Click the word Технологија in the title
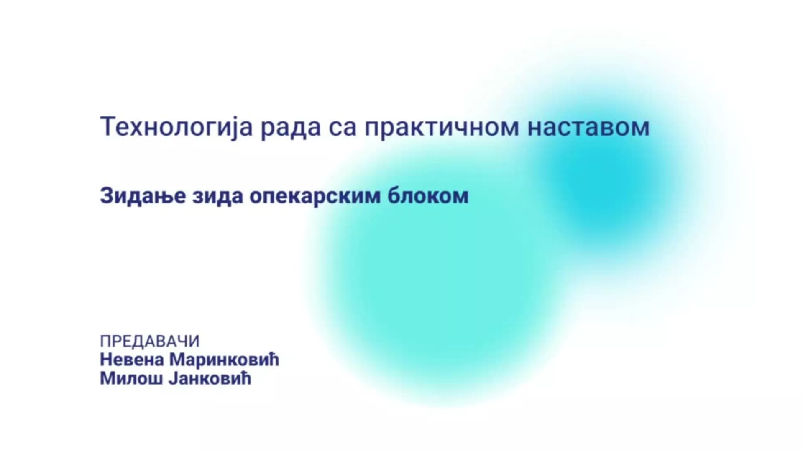pos(176,127)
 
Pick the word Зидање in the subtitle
pos(143,196)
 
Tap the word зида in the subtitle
pos(218,196)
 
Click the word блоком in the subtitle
pos(428,195)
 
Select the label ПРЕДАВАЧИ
pos(150,342)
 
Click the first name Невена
pos(131,360)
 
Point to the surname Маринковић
pos(224,360)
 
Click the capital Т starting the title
pos(108,127)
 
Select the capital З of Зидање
pos(107,195)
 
